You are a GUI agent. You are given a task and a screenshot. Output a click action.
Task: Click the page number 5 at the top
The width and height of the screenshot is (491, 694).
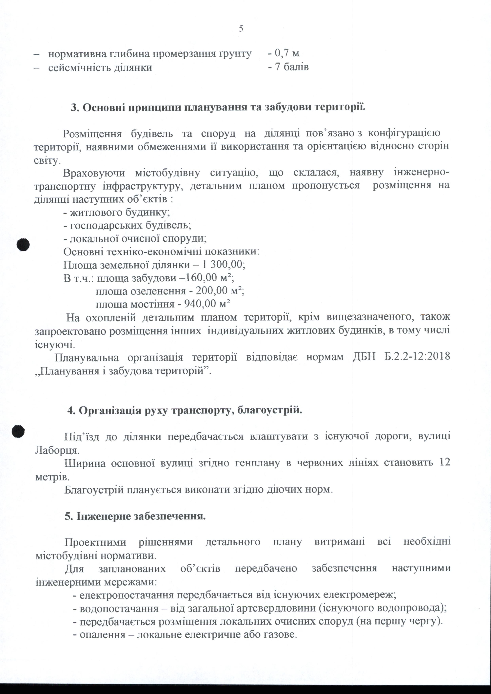[241, 29]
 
